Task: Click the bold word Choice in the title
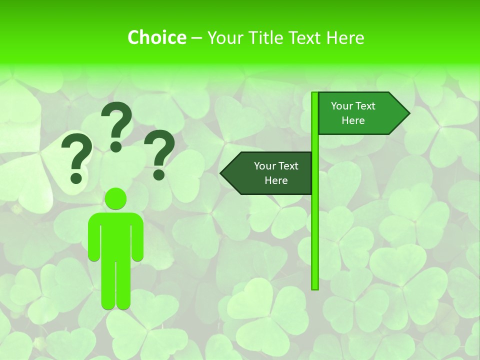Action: (x=156, y=37)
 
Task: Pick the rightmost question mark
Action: (x=159, y=153)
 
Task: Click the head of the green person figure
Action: (x=116, y=199)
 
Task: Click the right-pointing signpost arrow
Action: (x=360, y=113)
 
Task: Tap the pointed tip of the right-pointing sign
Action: (x=408, y=113)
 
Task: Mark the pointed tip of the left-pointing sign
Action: (x=221, y=173)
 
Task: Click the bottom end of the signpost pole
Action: (x=315, y=287)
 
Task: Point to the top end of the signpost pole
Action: (x=315, y=94)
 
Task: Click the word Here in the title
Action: (x=345, y=37)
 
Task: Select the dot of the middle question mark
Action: (x=116, y=146)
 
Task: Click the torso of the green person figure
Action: (x=116, y=235)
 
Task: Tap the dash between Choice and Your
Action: (x=196, y=38)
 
